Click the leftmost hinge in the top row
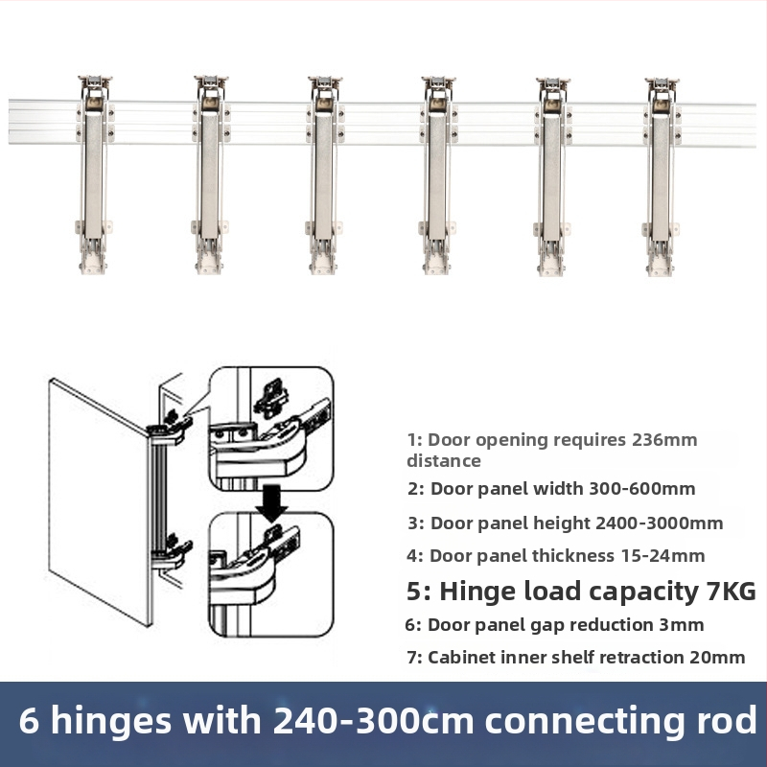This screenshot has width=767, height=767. pyautogui.click(x=94, y=174)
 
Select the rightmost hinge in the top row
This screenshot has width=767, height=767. pyautogui.click(x=662, y=176)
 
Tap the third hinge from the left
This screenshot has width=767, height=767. pyautogui.click(x=324, y=174)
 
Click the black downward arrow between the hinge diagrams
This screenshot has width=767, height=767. pyautogui.click(x=272, y=502)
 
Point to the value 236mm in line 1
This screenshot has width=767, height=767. pyautogui.click(x=664, y=440)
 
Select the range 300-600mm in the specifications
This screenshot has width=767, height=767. pyautogui.click(x=641, y=489)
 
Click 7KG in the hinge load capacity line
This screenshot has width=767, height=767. pyautogui.click(x=732, y=591)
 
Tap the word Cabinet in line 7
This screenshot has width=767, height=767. pyautogui.click(x=458, y=658)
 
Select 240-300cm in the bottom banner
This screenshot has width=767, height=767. pyautogui.click(x=373, y=720)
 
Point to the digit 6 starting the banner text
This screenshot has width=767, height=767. pyautogui.click(x=29, y=720)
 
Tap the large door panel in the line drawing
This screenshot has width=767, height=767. pyautogui.click(x=101, y=501)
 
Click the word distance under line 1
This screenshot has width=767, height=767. pyautogui.click(x=444, y=461)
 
